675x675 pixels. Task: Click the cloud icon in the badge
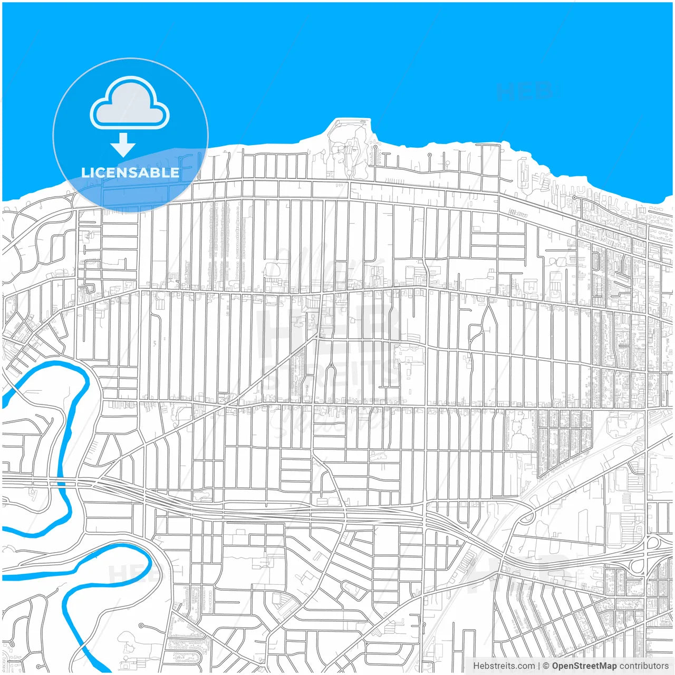tap(130, 103)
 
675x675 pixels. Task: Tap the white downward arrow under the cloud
tap(123, 144)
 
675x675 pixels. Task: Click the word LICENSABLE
tap(130, 172)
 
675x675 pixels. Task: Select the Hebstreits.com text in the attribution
tap(504, 666)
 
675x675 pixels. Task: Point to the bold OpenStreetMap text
tap(584, 666)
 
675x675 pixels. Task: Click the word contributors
tap(643, 666)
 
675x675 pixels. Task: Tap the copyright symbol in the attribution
tap(546, 666)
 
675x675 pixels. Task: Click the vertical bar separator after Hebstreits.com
tap(538, 666)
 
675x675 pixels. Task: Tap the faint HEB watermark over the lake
tap(525, 92)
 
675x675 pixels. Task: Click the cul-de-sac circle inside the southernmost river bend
tap(141, 625)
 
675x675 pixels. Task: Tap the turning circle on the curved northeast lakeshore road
tap(574, 198)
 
